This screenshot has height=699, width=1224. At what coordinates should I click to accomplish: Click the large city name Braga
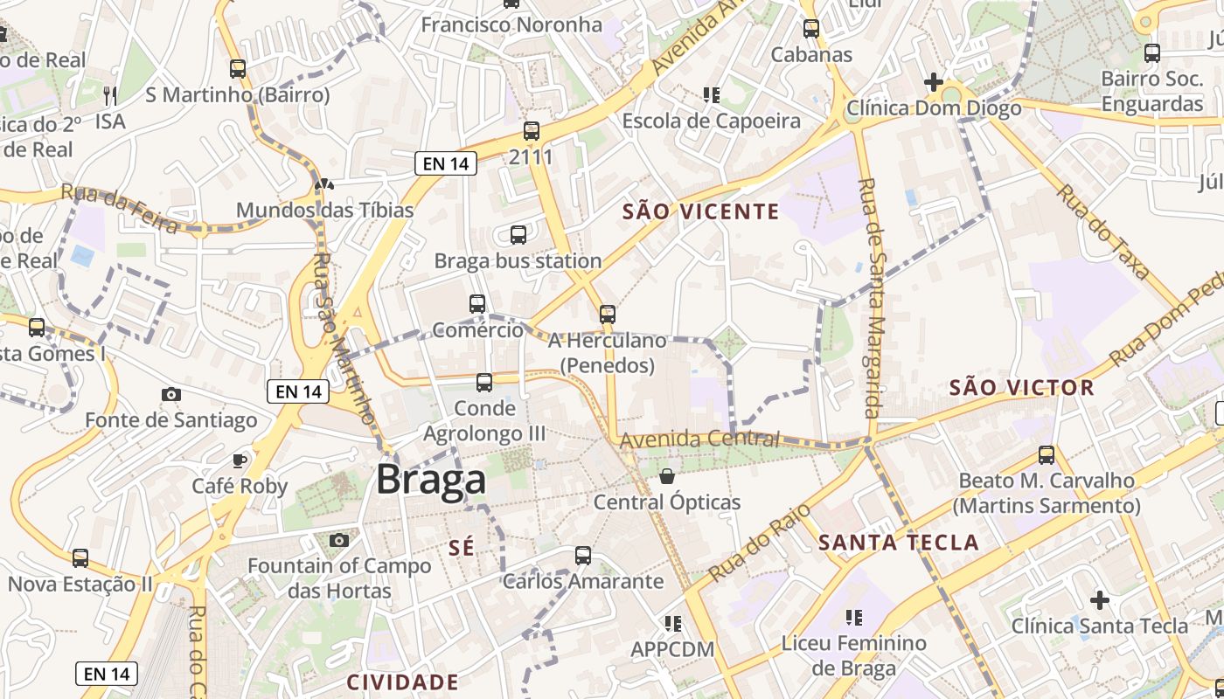pyautogui.click(x=431, y=480)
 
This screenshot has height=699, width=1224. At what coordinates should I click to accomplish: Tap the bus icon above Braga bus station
pyautogui.click(x=518, y=234)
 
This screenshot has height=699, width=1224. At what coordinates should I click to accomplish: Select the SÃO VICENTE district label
pyautogui.click(x=700, y=211)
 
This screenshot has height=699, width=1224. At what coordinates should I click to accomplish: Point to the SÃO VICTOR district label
pyautogui.click(x=1021, y=388)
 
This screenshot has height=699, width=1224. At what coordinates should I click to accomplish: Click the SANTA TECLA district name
pyautogui.click(x=898, y=543)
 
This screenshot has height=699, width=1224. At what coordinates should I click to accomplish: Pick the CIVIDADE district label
pyautogui.click(x=402, y=682)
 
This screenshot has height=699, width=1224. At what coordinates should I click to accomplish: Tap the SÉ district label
pyautogui.click(x=461, y=548)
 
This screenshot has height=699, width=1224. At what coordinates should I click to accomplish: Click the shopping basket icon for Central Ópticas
pyautogui.click(x=667, y=476)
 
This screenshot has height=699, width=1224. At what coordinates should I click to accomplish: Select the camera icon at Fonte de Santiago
pyautogui.click(x=171, y=395)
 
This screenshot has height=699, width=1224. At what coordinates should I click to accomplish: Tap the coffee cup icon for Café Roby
pyautogui.click(x=240, y=460)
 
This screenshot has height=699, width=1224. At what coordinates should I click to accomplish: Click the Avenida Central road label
pyautogui.click(x=699, y=439)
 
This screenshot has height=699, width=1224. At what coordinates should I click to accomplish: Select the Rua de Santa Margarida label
pyautogui.click(x=872, y=297)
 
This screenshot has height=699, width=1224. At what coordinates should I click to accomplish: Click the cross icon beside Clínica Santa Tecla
pyautogui.click(x=1100, y=600)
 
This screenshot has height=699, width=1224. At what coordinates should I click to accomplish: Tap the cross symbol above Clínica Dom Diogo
pyautogui.click(x=933, y=83)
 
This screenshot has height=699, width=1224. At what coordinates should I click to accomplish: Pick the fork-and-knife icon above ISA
pyautogui.click(x=110, y=94)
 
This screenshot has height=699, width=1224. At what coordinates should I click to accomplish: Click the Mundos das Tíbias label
pyautogui.click(x=324, y=211)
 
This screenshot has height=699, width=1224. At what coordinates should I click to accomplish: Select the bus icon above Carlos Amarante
pyautogui.click(x=583, y=555)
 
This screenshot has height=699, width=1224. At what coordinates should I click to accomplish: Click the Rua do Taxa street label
pyautogui.click(x=1104, y=232)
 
